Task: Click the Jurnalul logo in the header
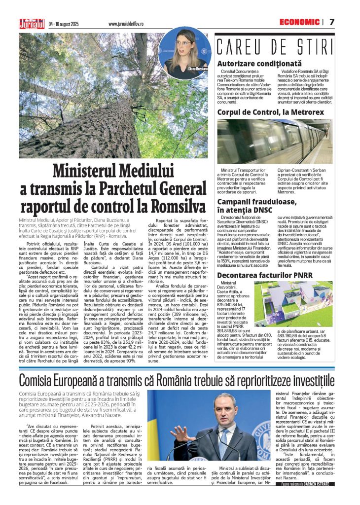[x=32, y=23]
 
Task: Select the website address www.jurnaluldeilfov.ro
[x=130, y=24]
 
